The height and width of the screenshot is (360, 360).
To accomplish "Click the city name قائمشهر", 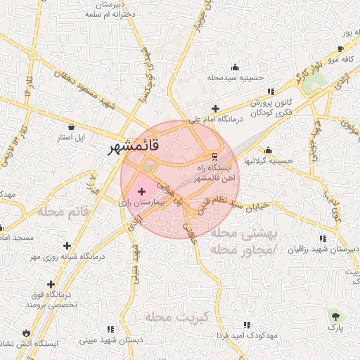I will (134, 147).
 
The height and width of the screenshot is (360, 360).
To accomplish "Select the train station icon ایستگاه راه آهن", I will (215, 157).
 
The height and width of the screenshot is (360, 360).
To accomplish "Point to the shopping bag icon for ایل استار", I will (72, 127).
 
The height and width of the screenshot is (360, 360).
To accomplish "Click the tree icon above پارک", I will (335, 316).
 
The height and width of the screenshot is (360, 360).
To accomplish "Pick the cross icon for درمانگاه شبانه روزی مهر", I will (67, 245).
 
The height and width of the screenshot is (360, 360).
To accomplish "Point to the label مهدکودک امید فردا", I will (246, 336).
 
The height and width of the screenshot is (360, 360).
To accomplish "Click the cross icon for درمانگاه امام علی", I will (215, 108).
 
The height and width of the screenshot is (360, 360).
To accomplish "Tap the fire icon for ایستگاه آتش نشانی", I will (27, 333).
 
